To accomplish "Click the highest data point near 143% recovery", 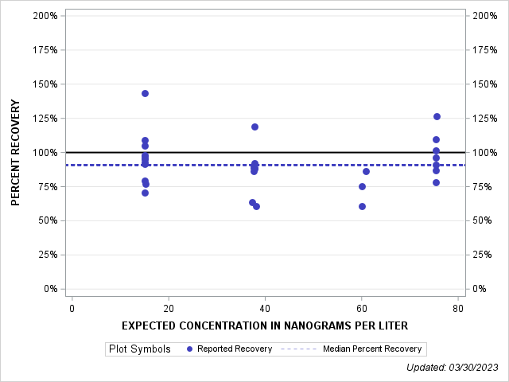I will (145, 93).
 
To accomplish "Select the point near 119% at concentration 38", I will (254, 127).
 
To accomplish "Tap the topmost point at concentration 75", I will (437, 116).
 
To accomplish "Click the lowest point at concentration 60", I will (362, 206).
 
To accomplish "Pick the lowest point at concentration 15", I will (145, 193).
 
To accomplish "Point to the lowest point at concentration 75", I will (436, 182).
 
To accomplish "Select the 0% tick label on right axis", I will (481, 289).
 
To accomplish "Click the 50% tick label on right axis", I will (484, 220).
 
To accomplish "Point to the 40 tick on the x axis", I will (265, 308).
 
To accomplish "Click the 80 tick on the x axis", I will (458, 308).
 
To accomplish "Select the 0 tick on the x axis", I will (72, 308).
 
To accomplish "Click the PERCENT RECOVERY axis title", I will (15, 152).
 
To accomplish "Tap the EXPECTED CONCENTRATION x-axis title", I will (265, 325).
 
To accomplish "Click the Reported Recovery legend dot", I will (189, 349).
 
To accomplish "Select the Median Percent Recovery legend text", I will (373, 349).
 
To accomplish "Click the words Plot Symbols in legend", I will (139, 349).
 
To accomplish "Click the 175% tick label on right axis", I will (486, 50).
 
